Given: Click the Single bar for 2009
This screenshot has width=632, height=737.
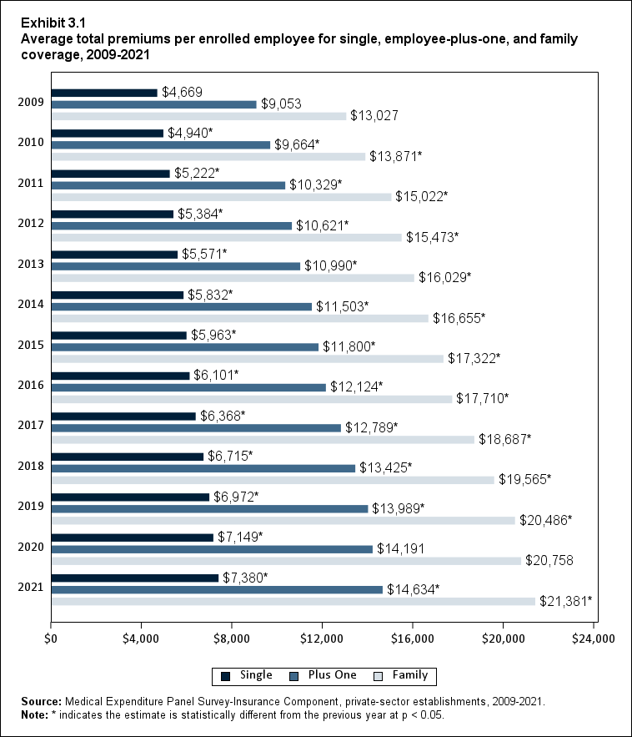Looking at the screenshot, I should coord(104,93).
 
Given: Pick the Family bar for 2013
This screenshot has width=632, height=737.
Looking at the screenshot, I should coord(233,278).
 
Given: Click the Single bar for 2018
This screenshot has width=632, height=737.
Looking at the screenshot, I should coord(128,457).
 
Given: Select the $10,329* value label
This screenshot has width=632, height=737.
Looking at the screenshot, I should coord(315,184).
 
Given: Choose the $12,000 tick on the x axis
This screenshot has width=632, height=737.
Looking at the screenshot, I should coord(322,639).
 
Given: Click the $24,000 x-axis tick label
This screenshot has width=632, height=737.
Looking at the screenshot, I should coord(593,639).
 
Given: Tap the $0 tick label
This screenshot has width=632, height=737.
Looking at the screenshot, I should coord(51,639).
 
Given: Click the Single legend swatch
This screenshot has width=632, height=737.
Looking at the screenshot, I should coord(225,675).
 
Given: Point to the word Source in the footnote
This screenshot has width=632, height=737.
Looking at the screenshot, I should coord(42,703).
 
